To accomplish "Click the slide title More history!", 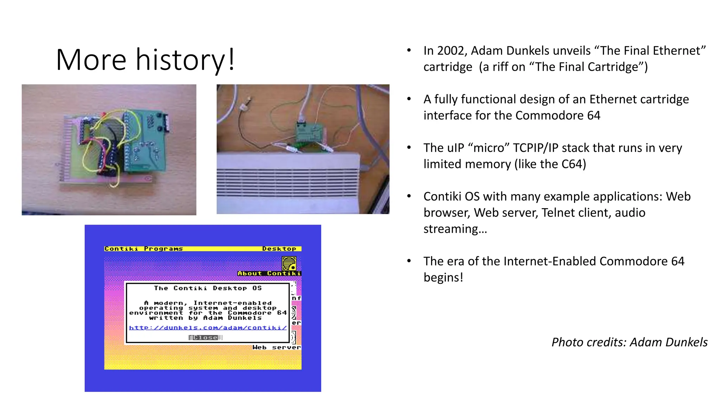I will (145, 59).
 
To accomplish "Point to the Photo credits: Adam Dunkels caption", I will (629, 342).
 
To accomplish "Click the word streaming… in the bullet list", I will (455, 229).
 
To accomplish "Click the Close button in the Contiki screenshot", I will (205, 337).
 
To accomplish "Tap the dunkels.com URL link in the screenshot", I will (208, 328).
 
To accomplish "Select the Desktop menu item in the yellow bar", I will (279, 249).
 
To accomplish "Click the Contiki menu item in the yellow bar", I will (121, 249).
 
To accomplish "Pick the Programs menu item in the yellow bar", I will (163, 249).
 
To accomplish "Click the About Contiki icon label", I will (269, 274).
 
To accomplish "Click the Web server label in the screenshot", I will (277, 347).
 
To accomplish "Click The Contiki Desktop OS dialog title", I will (208, 288).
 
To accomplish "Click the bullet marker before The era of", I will (409, 261).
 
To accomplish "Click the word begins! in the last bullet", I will (443, 277).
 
